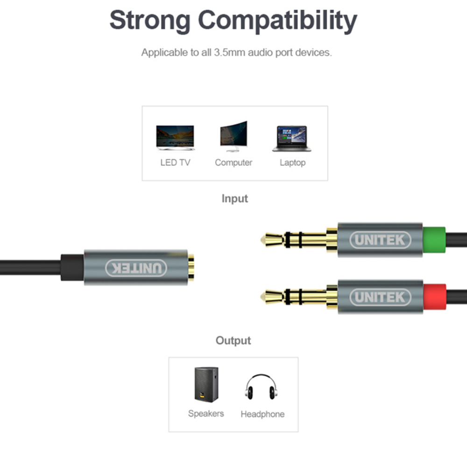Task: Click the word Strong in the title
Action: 150,20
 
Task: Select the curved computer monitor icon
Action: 233,136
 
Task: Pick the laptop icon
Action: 292,138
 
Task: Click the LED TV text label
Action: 175,163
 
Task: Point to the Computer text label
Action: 233,163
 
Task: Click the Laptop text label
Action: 292,163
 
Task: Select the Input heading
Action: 234,198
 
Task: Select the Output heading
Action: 233,340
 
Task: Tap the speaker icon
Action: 206,384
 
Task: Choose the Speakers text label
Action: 206,413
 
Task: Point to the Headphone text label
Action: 262,414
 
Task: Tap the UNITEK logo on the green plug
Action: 380,241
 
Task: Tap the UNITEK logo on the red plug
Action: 380,297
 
